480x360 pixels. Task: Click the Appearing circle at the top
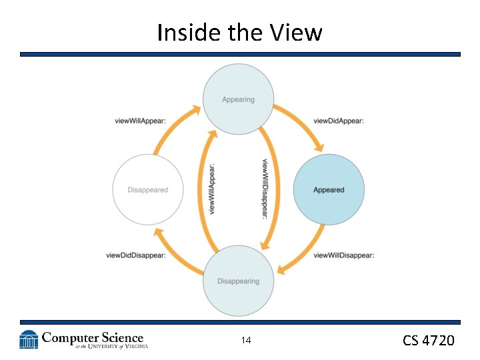[x=238, y=99]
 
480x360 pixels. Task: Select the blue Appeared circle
[x=329, y=190]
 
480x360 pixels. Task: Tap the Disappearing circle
[x=238, y=281]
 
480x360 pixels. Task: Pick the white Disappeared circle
[x=147, y=190]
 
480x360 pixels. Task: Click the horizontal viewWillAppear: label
[x=140, y=121]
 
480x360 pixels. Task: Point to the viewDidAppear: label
[x=338, y=121]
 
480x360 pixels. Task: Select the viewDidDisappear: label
[x=136, y=255]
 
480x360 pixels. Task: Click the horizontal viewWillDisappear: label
[x=343, y=255]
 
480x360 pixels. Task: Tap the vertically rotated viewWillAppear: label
[x=212, y=189]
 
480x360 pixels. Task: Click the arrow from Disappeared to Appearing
[x=170, y=130]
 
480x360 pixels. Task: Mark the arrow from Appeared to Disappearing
[x=307, y=253]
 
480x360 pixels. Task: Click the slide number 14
[x=246, y=341]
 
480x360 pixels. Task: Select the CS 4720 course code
[x=429, y=341]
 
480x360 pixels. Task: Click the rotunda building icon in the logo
[x=29, y=339]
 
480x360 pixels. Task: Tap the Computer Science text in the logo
[x=93, y=338]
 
